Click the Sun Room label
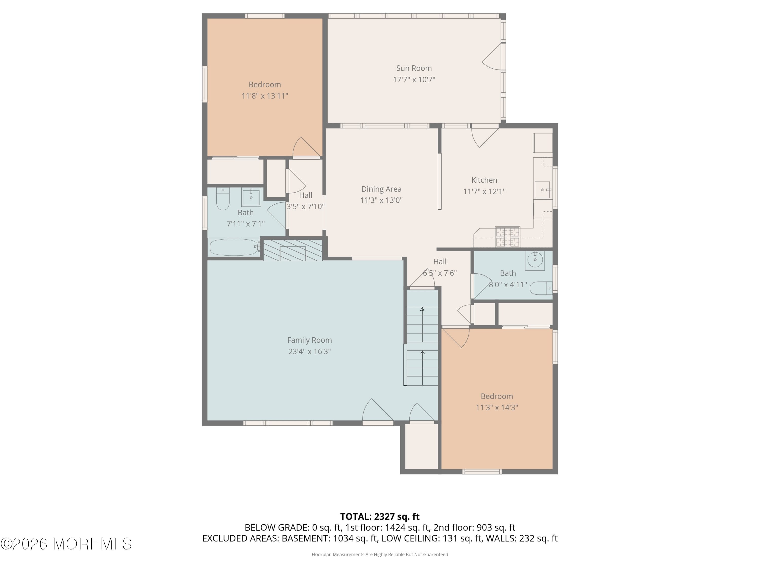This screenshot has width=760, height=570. pyautogui.click(x=414, y=68)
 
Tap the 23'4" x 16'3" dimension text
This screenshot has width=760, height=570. pyautogui.click(x=309, y=351)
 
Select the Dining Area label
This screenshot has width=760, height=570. pyautogui.click(x=381, y=189)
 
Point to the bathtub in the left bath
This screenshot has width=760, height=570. pyautogui.click(x=234, y=247)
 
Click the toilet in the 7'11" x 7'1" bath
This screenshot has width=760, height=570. pyautogui.click(x=223, y=199)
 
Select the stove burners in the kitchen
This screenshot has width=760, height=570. pyautogui.click(x=507, y=237)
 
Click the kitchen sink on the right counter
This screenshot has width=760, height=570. pyautogui.click(x=542, y=190)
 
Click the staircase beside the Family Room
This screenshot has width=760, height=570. pyautogui.click(x=422, y=338)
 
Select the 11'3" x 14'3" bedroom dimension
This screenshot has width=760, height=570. pyautogui.click(x=497, y=407)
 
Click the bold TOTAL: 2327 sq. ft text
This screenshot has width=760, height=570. pyautogui.click(x=380, y=516)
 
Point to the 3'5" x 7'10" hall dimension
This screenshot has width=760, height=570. pyautogui.click(x=306, y=206)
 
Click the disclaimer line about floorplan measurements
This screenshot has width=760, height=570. pyautogui.click(x=380, y=554)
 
